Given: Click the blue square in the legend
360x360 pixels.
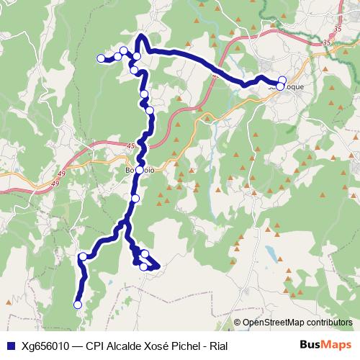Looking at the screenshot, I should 12,346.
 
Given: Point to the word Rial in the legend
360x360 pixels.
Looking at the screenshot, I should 217,346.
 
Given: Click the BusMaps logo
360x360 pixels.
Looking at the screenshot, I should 328,346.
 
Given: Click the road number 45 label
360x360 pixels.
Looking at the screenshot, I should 130,147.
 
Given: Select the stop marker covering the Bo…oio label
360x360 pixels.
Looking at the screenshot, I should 140,171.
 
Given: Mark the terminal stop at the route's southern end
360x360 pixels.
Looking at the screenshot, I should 78,305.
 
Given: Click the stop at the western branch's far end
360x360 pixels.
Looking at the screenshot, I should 101,58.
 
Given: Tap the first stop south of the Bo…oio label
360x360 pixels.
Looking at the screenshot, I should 135,198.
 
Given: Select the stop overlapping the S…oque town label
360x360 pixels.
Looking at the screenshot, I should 280,86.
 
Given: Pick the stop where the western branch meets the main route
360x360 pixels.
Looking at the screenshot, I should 137,56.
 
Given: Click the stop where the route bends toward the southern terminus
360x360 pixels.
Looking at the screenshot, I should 84,256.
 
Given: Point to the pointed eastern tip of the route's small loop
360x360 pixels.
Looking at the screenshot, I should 158,267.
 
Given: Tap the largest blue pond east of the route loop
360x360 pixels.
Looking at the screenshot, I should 272,253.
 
